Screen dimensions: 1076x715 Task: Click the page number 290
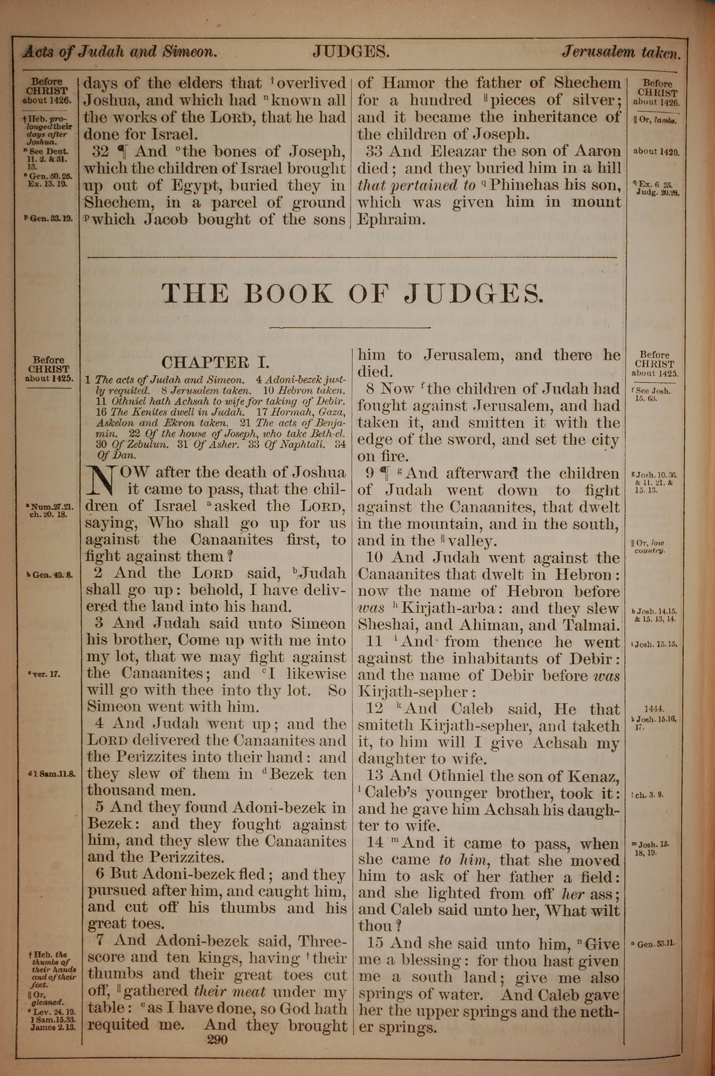click(x=217, y=1040)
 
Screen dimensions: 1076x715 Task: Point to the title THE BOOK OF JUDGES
click(x=353, y=293)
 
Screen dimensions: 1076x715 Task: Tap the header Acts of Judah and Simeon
click(x=119, y=52)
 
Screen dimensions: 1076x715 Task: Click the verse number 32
click(x=101, y=151)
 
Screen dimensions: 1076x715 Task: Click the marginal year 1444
click(x=654, y=709)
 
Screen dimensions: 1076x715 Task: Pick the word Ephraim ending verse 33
click(x=391, y=220)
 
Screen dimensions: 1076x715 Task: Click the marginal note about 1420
click(x=656, y=151)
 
